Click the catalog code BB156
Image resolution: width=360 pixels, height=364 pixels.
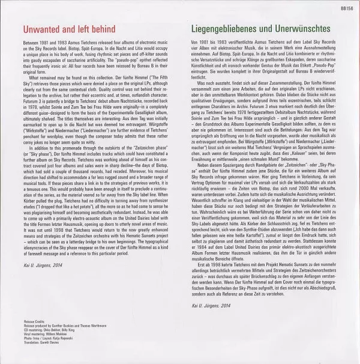click(346, 6)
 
